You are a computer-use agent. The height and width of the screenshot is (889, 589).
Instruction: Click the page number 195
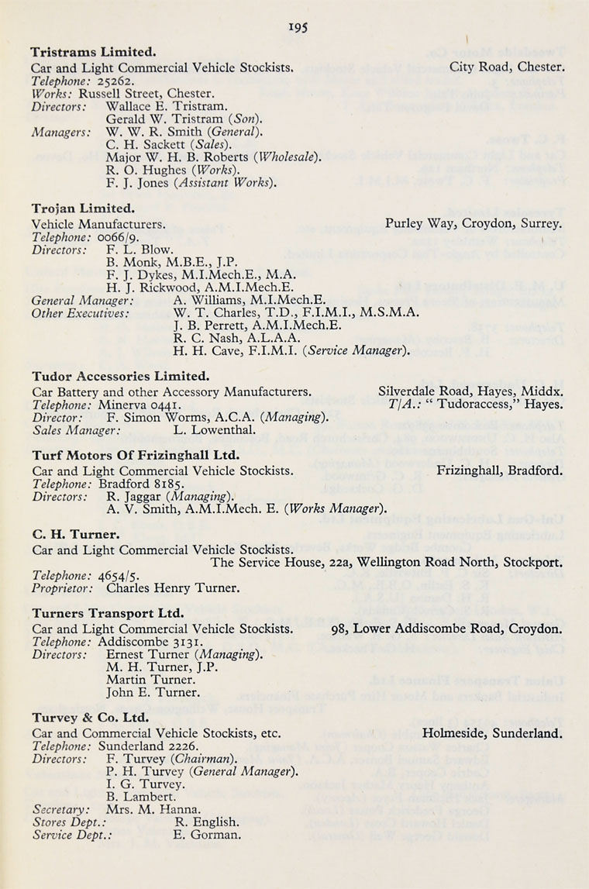(298, 27)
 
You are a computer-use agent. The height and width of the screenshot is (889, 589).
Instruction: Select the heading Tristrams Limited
(93, 52)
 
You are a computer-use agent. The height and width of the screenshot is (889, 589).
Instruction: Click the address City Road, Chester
(507, 67)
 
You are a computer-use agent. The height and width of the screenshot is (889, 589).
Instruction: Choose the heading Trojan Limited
(83, 208)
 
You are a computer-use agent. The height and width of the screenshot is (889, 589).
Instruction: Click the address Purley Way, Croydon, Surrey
(474, 224)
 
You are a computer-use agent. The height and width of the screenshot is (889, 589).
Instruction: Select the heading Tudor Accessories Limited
(120, 376)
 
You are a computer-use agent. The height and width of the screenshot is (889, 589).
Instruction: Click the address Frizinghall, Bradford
(499, 470)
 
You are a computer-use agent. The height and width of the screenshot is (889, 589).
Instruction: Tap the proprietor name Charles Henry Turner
(173, 587)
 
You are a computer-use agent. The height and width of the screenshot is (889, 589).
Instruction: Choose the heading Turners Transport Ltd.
(108, 613)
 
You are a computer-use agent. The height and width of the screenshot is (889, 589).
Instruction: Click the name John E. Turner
(153, 692)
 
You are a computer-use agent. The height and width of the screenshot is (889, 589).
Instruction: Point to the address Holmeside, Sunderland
(492, 732)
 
